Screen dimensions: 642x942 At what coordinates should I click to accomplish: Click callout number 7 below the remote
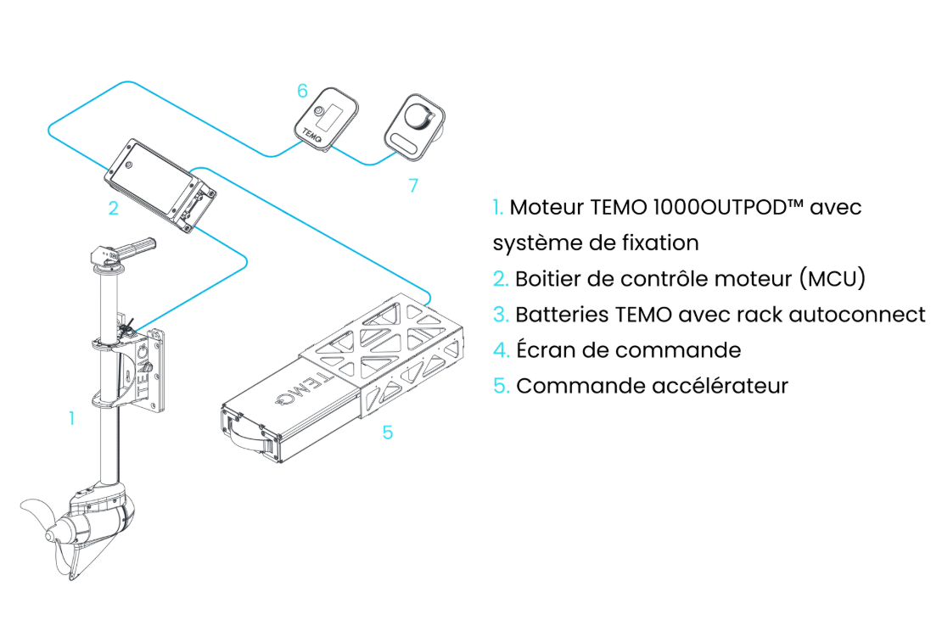413,186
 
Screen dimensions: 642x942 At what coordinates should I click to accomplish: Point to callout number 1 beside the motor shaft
71,416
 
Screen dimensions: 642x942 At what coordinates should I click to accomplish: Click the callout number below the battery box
386,433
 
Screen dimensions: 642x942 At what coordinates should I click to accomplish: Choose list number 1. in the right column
499,207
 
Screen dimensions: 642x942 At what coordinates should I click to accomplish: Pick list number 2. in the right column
500,278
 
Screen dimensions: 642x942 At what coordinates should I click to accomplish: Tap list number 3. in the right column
500,315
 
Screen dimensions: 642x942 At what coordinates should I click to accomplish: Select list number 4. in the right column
500,350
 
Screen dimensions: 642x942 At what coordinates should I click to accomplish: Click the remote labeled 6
329,116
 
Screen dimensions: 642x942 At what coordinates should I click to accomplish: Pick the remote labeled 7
412,125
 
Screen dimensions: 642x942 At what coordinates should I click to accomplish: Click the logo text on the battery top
297,392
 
